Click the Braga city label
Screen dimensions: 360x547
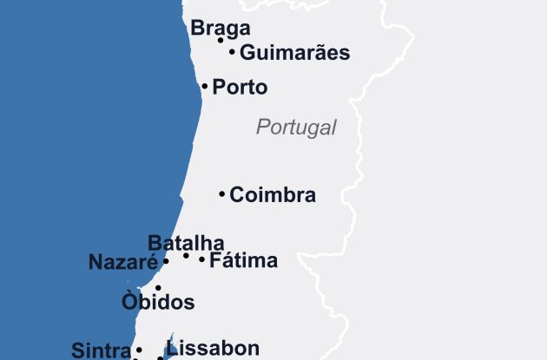click(x=221, y=28)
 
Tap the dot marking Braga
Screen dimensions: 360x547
click(x=221, y=40)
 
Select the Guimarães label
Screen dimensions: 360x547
click(x=294, y=53)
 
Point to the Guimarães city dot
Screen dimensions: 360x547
click(x=233, y=52)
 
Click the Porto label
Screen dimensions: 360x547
click(x=240, y=88)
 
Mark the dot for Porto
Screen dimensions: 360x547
click(x=205, y=87)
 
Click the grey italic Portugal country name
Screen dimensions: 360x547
click(x=296, y=128)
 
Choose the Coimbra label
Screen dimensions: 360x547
click(x=273, y=195)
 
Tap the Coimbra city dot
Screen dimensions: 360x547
click(x=222, y=194)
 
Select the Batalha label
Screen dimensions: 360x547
click(x=186, y=243)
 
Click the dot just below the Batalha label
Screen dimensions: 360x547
click(x=186, y=256)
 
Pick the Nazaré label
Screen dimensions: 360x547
click(x=122, y=262)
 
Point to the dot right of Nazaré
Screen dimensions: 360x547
click(x=166, y=261)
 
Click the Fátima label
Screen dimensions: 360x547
click(x=243, y=260)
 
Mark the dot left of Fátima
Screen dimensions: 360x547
click(x=202, y=259)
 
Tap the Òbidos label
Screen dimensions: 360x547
click(x=158, y=303)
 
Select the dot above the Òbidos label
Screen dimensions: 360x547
click(x=158, y=288)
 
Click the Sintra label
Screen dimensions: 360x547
click(x=101, y=350)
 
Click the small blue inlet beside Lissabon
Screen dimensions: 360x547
click(x=170, y=344)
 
